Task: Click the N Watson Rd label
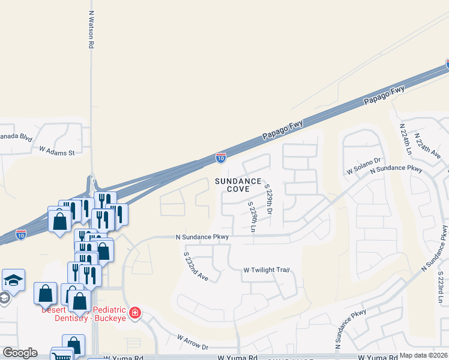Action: click(91, 29)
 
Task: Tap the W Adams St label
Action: click(56, 151)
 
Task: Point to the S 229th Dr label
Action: click(269, 200)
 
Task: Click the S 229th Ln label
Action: click(253, 217)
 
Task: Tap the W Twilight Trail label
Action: click(266, 270)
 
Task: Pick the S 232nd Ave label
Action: click(196, 266)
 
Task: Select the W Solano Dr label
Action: click(363, 166)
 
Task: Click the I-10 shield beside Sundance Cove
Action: click(221, 158)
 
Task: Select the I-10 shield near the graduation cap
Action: click(21, 233)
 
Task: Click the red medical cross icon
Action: click(136, 312)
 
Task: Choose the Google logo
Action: click(20, 353)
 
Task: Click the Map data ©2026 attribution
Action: click(423, 355)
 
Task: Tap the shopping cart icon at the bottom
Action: click(61, 356)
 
